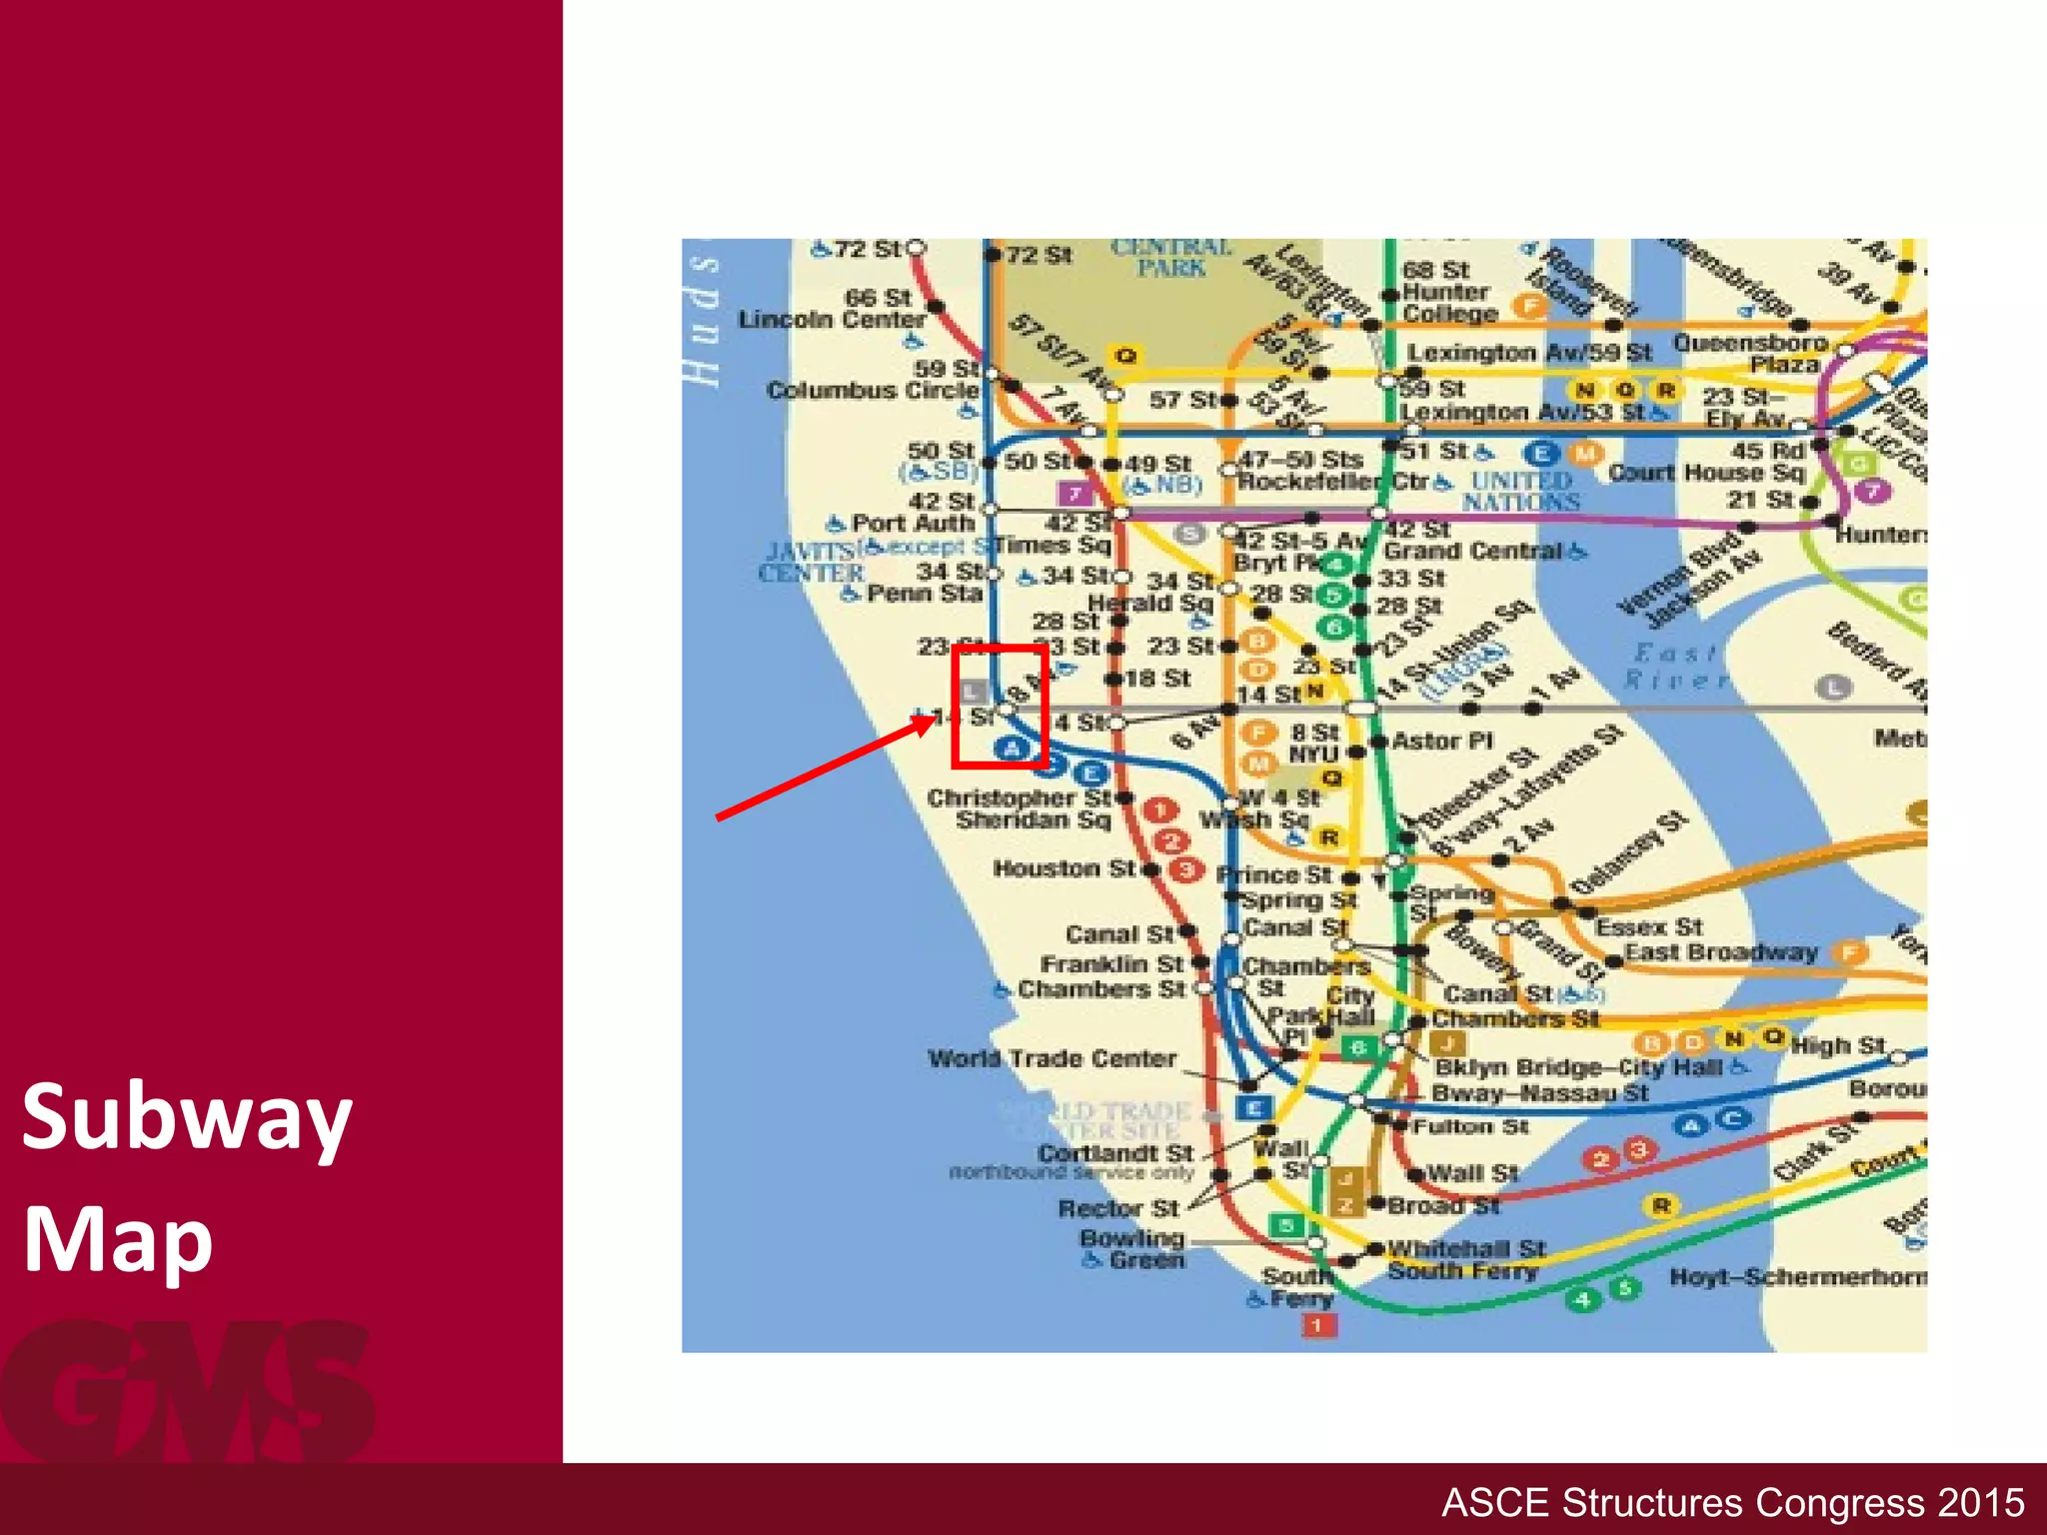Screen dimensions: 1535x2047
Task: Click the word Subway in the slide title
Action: coord(187,1118)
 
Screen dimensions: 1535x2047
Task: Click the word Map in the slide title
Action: coord(118,1240)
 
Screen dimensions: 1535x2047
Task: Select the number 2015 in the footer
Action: coord(1981,1503)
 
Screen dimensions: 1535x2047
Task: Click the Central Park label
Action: coord(1170,258)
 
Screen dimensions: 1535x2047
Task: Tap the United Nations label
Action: coord(1520,491)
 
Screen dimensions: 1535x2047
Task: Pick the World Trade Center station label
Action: coord(1051,1059)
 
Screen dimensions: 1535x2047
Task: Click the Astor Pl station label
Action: coord(1441,742)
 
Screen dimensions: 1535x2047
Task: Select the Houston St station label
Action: coord(1063,868)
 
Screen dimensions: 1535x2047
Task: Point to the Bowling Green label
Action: coord(1132,1249)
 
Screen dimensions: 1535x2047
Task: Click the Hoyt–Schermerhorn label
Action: coord(1797,1277)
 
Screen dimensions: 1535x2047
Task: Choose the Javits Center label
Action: coord(811,562)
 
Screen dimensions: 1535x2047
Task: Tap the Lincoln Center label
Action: coord(832,320)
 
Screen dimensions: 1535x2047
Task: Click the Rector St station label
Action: coord(1119,1209)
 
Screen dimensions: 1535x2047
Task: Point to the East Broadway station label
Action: coord(1720,952)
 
